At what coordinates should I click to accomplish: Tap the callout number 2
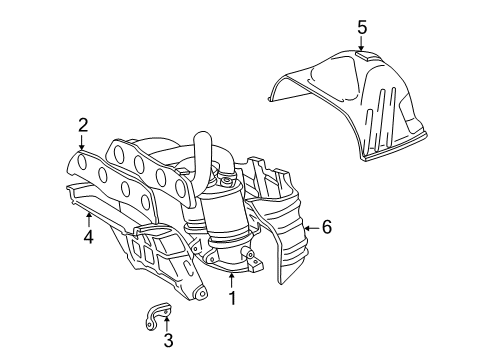[83, 124]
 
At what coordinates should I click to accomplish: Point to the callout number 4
[88, 237]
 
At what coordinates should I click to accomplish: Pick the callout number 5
[363, 26]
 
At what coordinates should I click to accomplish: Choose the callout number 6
[326, 227]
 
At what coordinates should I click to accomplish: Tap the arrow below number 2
[83, 144]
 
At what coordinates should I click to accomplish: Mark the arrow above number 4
[88, 218]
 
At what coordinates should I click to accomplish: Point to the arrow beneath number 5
[363, 45]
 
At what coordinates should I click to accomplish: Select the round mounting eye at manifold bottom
[198, 296]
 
